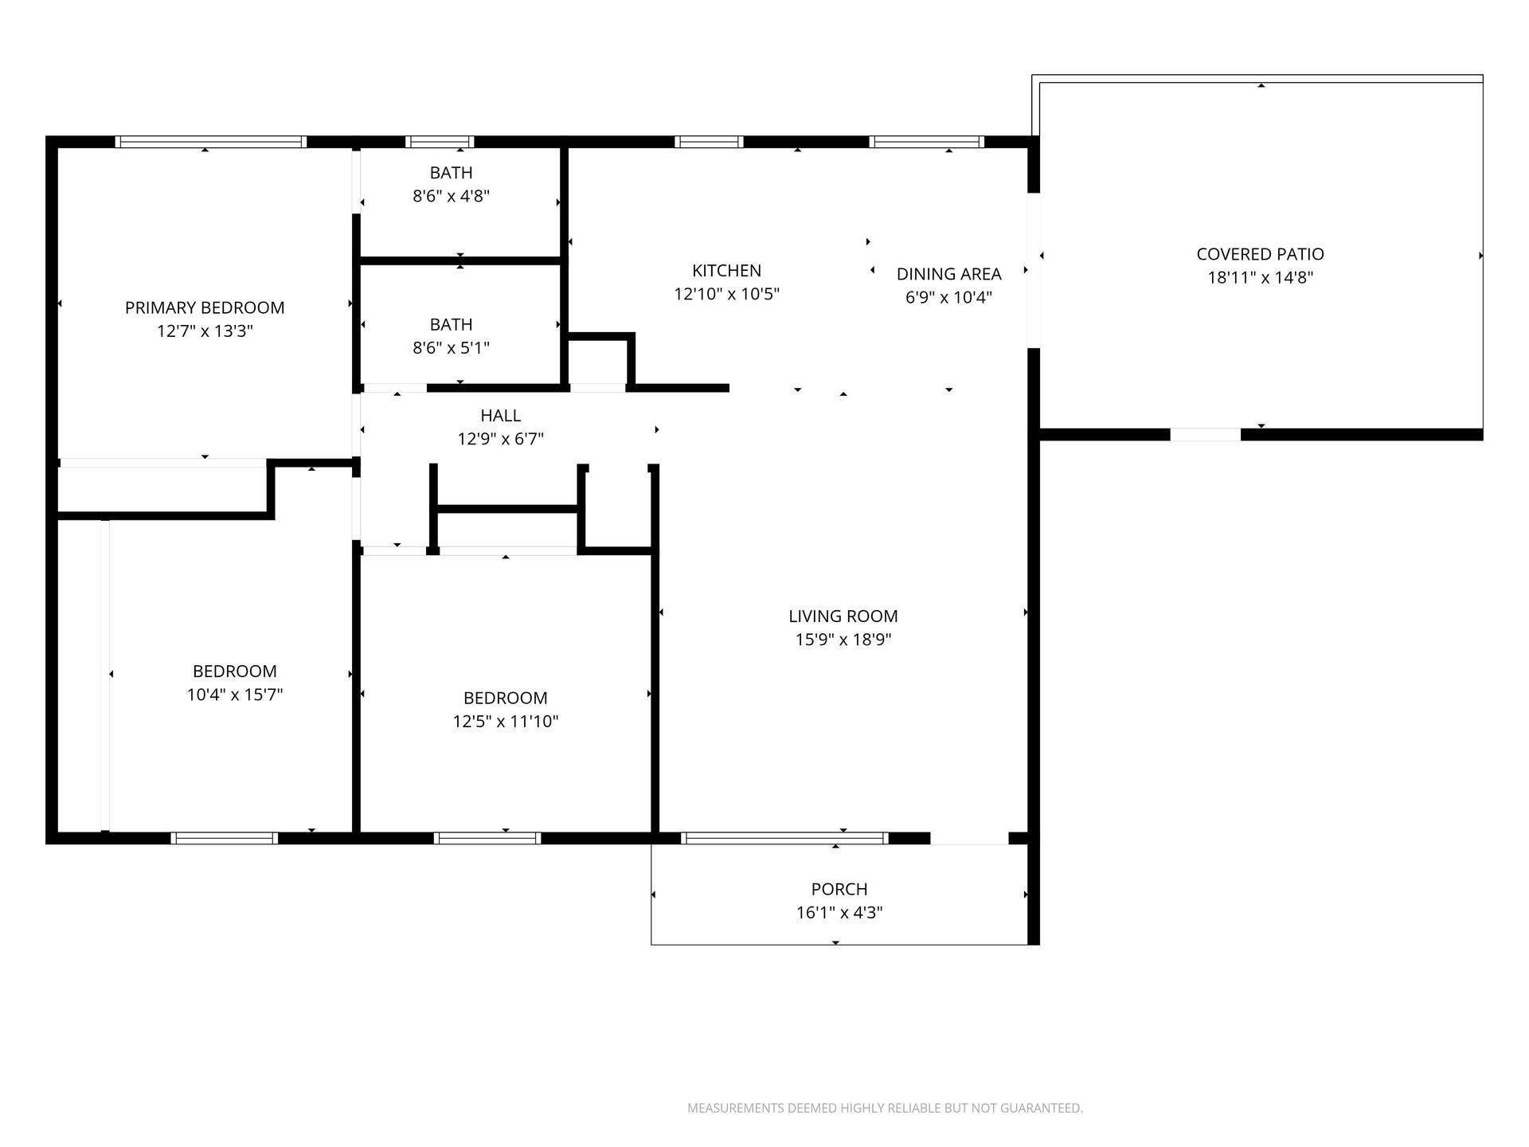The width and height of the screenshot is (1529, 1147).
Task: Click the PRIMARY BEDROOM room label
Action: pos(205,307)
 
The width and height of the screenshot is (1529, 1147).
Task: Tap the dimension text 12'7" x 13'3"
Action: pos(205,331)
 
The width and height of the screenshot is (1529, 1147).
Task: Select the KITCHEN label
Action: pos(726,271)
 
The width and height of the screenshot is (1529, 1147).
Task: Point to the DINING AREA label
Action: pos(948,274)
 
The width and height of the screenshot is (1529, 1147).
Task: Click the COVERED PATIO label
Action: pos(1260,254)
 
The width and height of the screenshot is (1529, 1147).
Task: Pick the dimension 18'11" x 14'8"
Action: pos(1260,277)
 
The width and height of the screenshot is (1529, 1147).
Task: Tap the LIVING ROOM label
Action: pos(843,616)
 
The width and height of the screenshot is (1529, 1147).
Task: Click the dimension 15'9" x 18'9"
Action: pos(843,639)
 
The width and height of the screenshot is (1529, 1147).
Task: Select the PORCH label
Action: pos(839,889)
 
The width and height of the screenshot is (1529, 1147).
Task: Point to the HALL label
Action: pos(500,415)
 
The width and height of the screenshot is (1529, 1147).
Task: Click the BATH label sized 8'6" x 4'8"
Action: pos(451,173)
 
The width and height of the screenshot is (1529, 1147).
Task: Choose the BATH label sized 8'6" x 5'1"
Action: pos(451,324)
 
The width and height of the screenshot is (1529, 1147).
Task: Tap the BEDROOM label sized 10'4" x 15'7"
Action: pos(234,671)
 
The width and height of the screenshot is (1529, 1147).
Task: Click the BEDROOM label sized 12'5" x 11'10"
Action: pos(505,698)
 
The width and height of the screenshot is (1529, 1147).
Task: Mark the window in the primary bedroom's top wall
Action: pos(211,142)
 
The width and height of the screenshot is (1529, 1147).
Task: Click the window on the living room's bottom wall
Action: pos(784,838)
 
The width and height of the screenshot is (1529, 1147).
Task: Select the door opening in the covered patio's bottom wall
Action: pos(1205,435)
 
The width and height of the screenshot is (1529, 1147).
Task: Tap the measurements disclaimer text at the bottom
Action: pos(885,1108)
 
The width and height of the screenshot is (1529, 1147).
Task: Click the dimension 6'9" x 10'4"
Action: pos(948,297)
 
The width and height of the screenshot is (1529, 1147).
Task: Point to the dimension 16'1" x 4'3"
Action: pos(839,912)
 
